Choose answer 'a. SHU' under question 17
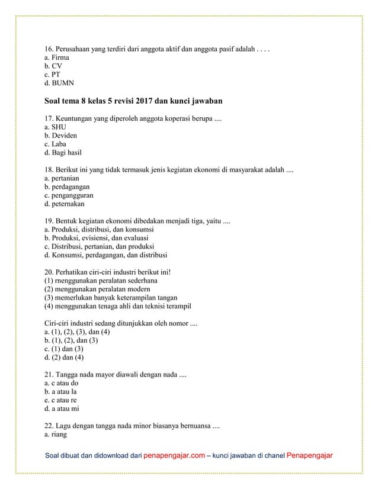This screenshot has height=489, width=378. [x=56, y=127]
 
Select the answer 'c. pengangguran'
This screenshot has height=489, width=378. [x=69, y=195]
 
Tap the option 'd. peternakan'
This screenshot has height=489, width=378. [x=65, y=204]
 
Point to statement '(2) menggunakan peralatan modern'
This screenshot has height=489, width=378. [x=101, y=288]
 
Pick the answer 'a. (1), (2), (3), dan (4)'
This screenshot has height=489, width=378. [x=78, y=332]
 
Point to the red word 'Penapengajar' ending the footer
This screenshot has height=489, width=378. [x=309, y=456]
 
